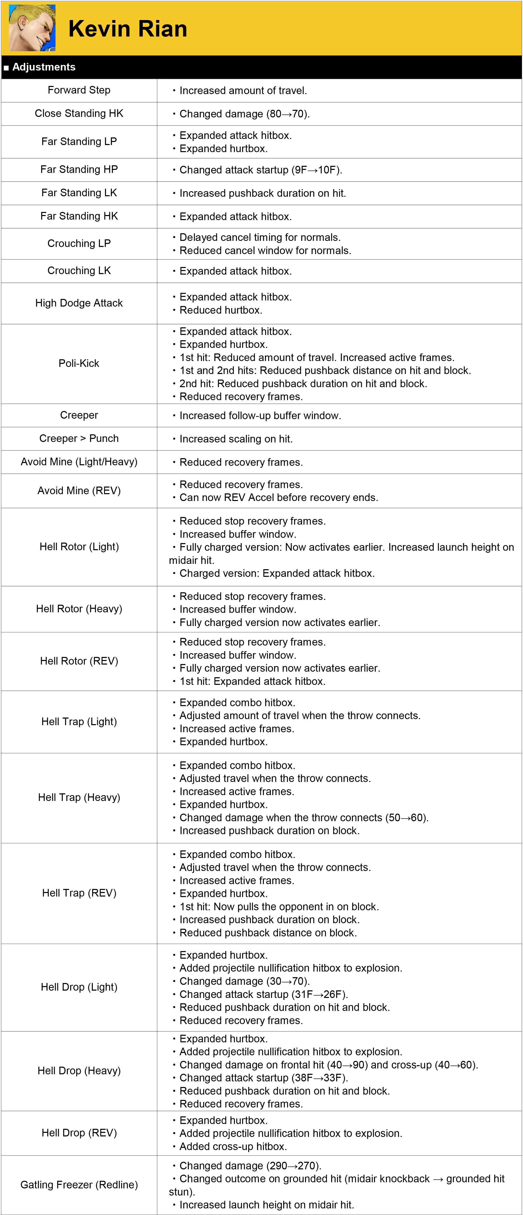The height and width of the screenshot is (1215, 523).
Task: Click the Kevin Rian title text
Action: (x=127, y=29)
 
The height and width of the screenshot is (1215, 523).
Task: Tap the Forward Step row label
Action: (x=79, y=90)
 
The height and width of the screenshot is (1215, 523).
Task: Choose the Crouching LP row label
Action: (x=79, y=243)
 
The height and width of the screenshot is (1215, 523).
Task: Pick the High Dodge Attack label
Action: (x=79, y=303)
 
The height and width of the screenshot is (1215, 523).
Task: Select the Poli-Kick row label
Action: (x=79, y=363)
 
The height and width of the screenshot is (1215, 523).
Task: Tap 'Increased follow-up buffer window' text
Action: (x=260, y=416)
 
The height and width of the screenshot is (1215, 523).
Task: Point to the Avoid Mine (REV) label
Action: (x=79, y=491)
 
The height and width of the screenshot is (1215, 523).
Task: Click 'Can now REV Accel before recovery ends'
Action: (x=278, y=498)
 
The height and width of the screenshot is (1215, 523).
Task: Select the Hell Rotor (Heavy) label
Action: (x=79, y=609)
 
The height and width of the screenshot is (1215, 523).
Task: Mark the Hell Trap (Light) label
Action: (x=79, y=722)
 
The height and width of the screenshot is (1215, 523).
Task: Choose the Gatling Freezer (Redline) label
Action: (x=79, y=1185)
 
